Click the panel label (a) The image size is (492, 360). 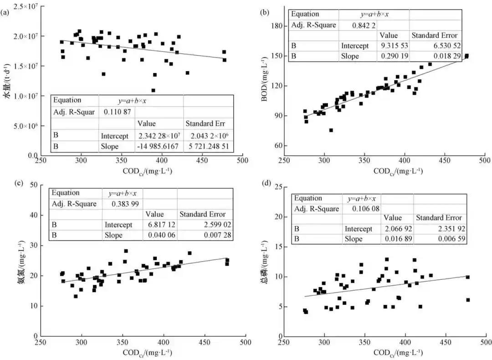5,13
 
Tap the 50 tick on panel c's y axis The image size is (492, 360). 31,185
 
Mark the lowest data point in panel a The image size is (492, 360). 154,90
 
